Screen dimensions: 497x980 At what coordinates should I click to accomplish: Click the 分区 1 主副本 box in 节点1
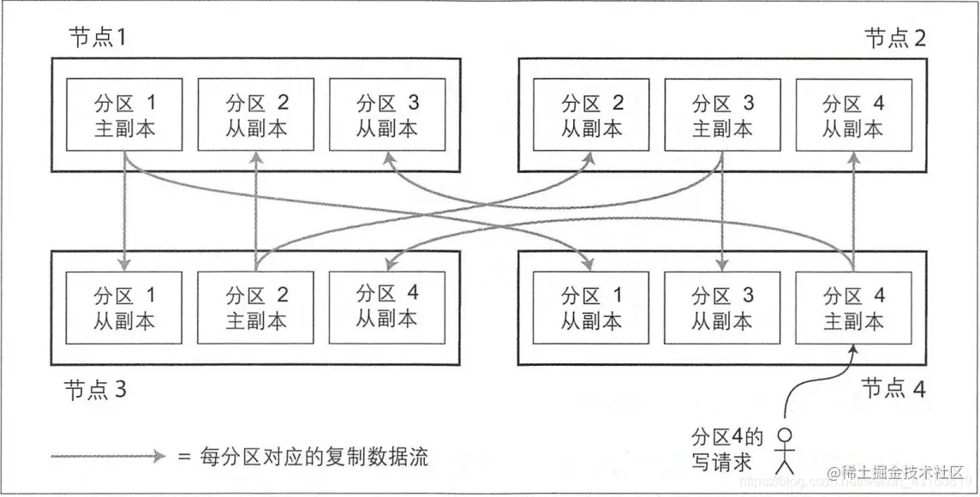[125, 116]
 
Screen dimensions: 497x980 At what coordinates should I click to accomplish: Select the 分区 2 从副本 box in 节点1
[256, 116]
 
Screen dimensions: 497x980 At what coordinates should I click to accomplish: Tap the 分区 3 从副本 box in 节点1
[387, 116]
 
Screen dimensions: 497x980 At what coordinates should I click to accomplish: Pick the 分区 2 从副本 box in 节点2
[592, 116]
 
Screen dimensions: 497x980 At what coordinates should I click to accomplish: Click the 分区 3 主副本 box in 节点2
[723, 116]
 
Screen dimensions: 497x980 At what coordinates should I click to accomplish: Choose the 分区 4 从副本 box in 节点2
[853, 116]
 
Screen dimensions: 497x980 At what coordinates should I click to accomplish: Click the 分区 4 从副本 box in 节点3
[387, 306]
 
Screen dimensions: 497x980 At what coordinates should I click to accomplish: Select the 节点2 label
[894, 39]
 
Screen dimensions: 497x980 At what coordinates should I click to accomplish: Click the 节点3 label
[96, 390]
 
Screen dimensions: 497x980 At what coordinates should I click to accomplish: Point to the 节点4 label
[894, 388]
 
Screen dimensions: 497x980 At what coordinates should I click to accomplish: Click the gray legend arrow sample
[107, 457]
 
